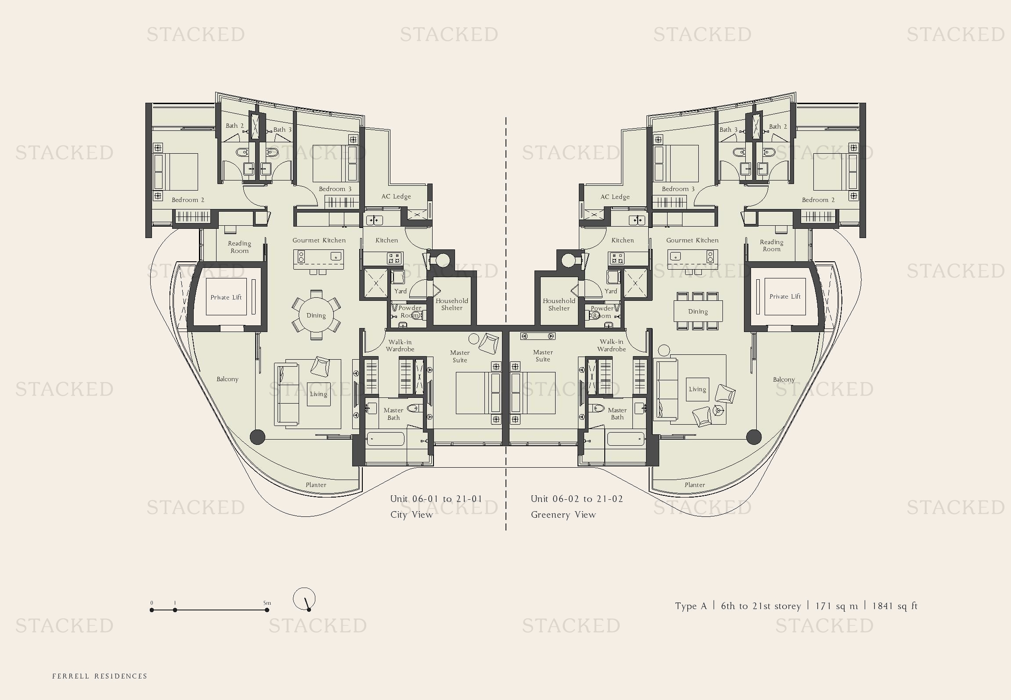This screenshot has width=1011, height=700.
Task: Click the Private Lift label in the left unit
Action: [226, 297]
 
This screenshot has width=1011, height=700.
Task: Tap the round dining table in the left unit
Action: [316, 315]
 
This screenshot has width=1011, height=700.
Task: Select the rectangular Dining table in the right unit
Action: [697, 311]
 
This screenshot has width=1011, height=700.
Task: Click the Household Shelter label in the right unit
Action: [559, 304]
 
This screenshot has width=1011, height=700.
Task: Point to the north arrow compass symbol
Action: [304, 599]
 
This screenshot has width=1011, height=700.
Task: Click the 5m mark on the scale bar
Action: [267, 610]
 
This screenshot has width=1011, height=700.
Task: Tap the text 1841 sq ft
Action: [895, 606]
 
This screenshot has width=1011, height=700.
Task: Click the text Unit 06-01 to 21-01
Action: [436, 499]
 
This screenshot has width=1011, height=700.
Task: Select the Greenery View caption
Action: [563, 515]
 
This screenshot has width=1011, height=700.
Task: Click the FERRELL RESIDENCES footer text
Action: [100, 676]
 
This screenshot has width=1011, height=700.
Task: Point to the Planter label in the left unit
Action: [316, 485]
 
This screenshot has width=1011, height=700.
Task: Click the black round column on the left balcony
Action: [257, 437]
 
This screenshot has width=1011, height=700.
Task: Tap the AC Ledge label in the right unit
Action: [615, 197]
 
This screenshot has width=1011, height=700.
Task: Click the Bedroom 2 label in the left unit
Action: [188, 200]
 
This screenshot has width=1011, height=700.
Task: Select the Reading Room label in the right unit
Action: [771, 245]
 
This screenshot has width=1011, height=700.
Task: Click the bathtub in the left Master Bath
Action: [386, 439]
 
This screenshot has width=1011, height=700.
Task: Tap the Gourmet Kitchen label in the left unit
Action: [319, 240]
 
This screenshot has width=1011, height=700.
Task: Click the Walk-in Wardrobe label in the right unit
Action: [611, 345]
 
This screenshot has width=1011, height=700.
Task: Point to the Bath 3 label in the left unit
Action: [282, 130]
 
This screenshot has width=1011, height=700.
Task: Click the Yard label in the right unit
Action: [610, 291]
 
